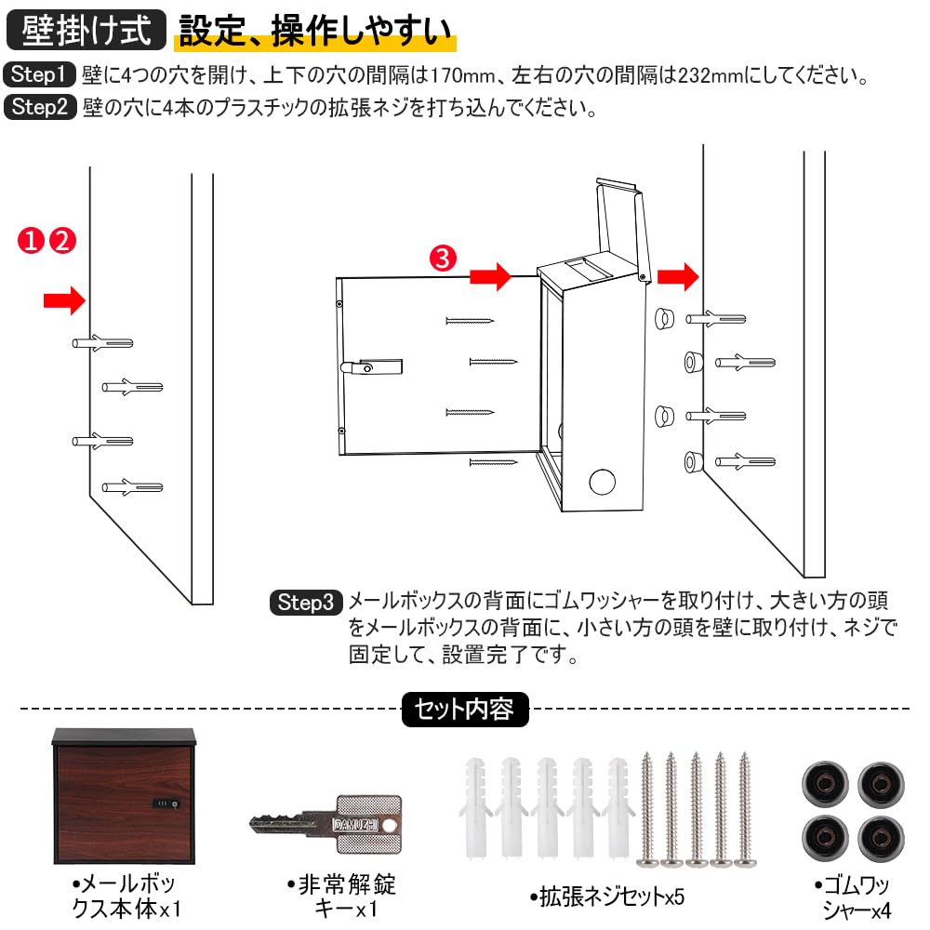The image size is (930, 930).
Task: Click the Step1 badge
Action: click(x=40, y=74)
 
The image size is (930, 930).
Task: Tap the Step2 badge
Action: click(x=40, y=107)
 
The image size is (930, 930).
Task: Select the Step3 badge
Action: click(x=306, y=603)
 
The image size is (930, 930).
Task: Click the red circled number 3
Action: click(x=443, y=259)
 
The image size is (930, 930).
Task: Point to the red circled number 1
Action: click(x=31, y=241)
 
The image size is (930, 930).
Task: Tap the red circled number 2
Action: click(x=61, y=241)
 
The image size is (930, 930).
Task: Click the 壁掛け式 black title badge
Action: click(x=86, y=30)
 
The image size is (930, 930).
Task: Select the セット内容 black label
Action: click(x=465, y=710)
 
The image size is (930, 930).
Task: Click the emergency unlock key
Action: click(x=325, y=824)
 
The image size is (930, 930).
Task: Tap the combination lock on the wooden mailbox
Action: click(x=166, y=804)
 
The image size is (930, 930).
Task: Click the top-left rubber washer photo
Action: click(x=825, y=784)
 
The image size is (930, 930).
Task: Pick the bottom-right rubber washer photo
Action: click(x=882, y=839)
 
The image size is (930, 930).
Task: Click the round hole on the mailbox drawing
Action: click(x=602, y=482)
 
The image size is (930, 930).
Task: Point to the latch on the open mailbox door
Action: click(x=371, y=367)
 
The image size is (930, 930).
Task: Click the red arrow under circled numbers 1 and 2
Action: click(x=65, y=300)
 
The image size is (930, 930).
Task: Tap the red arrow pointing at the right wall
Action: click(x=679, y=276)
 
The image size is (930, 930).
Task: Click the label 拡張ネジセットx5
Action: click(x=606, y=897)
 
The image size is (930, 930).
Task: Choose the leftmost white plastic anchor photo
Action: click(x=475, y=806)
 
